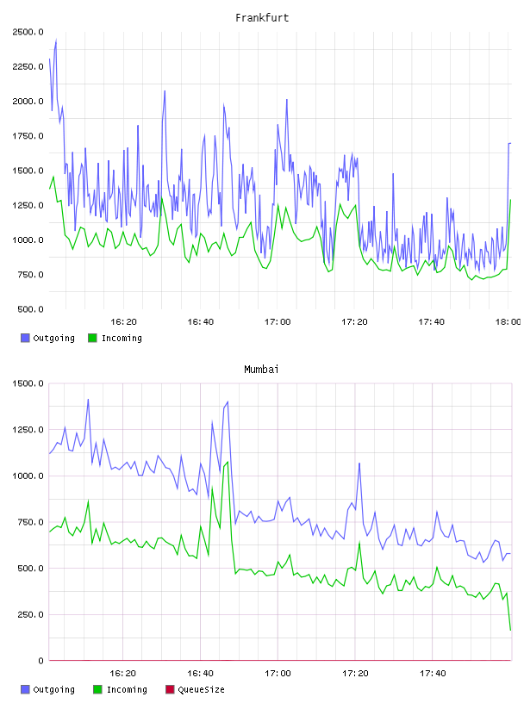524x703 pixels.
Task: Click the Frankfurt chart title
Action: [262, 18]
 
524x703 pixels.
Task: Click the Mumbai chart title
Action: [261, 370]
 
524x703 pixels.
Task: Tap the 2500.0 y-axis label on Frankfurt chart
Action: [28, 32]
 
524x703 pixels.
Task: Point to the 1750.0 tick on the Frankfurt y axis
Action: [28, 136]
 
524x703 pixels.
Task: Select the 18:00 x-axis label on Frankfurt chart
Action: [508, 321]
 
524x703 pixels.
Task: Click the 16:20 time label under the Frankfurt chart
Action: [124, 321]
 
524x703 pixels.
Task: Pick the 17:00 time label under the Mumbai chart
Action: [278, 673]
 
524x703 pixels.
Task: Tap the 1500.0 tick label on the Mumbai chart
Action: [28, 383]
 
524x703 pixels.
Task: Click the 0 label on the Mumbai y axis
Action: [41, 661]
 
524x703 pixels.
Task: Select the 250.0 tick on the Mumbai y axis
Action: [30, 614]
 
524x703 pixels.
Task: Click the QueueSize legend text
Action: [201, 689]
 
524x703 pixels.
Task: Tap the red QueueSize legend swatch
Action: [170, 689]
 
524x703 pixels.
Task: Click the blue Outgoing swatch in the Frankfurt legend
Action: [25, 338]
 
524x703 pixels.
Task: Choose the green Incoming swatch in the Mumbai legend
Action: [97, 689]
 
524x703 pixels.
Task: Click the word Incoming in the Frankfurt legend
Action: [122, 338]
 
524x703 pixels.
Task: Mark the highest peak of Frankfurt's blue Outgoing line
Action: [56, 40]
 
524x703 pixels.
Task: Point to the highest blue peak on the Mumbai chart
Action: [88, 399]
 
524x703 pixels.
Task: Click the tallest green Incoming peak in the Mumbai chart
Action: [228, 462]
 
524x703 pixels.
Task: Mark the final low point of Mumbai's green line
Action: [510, 630]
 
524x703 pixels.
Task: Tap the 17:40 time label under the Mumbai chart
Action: [433, 673]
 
